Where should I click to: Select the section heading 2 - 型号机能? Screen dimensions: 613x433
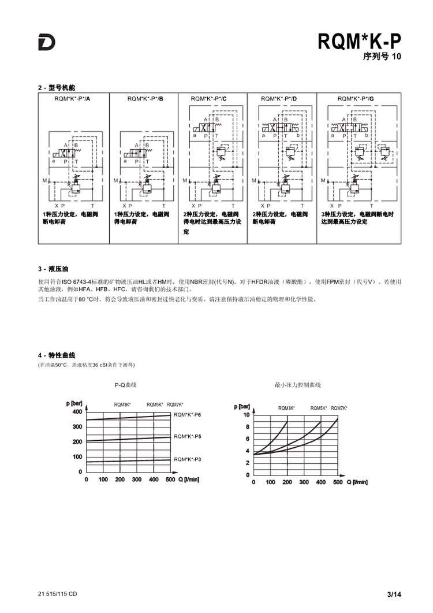[x=57, y=88]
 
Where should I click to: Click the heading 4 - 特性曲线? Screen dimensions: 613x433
[x=57, y=355]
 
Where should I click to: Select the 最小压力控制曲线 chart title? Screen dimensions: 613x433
[x=297, y=384]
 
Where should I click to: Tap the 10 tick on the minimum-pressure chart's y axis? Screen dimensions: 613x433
[x=246, y=415]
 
